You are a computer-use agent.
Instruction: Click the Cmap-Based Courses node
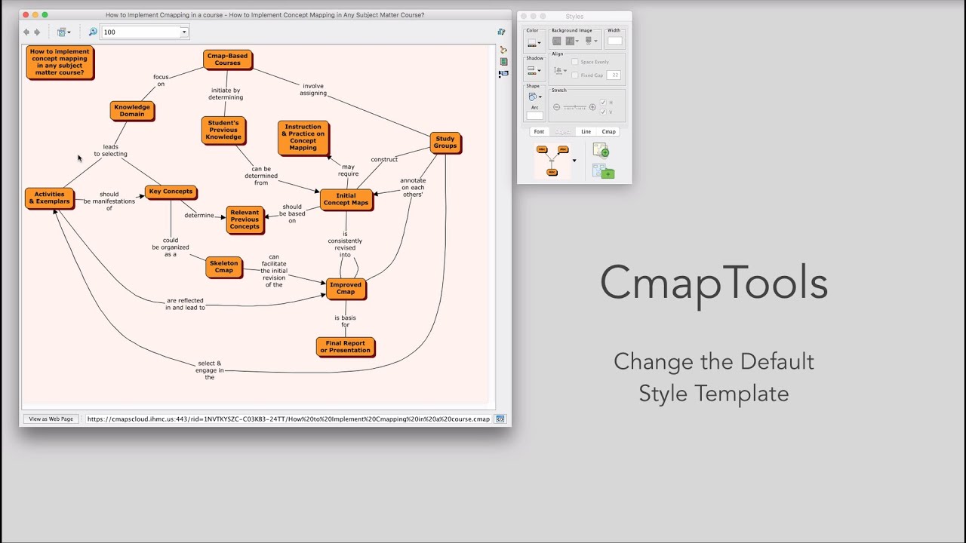point(227,59)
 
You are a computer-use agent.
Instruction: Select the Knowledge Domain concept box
point(131,110)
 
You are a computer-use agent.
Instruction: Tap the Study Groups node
point(445,142)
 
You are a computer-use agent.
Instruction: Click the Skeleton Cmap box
point(223,266)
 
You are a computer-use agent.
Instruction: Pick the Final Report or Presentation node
point(345,346)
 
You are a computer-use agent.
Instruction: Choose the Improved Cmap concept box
point(345,288)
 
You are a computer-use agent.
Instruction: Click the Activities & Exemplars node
point(49,198)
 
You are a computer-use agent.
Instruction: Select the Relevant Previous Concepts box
point(245,219)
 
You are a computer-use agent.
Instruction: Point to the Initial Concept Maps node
point(346,199)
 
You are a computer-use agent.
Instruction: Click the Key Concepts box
point(171,192)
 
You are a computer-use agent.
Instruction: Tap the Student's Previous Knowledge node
point(223,130)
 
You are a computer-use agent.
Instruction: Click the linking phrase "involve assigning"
point(312,89)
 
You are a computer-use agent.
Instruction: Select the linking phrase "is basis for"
point(345,321)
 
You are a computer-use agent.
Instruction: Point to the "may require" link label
point(348,170)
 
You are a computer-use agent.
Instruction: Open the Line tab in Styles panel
point(586,131)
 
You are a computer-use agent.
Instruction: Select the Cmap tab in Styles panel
point(608,131)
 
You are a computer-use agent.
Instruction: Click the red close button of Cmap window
point(26,15)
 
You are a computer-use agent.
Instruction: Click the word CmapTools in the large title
point(713,284)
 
